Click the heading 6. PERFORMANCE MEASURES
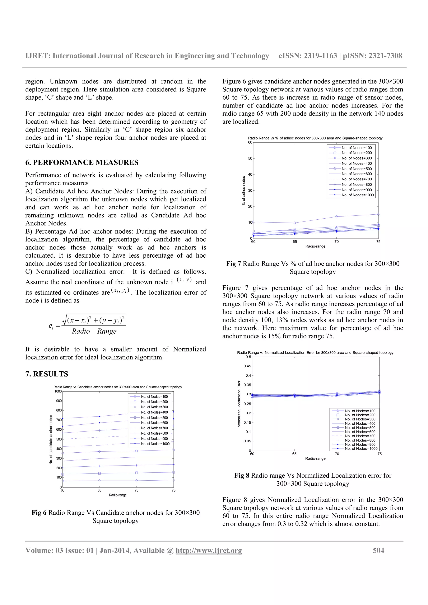[82, 162]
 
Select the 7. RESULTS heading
[47, 374]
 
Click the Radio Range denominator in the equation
[94, 331]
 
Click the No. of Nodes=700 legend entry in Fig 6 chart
[154, 428]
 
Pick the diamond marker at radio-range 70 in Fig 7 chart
[336, 217]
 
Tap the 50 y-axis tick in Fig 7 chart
[250, 158]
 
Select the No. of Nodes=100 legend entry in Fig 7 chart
[357, 148]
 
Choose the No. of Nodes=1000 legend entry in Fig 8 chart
[361, 448]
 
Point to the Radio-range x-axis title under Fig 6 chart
[118, 495]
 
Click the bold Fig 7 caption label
[233, 263]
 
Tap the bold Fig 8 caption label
[242, 475]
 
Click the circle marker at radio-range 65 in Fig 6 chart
[99, 451]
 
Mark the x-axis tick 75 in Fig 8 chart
[379, 454]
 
